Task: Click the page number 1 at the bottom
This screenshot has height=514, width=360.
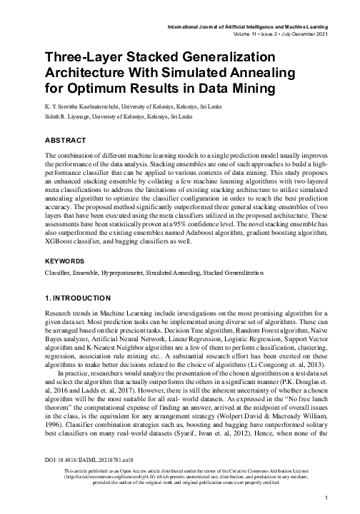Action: click(325, 497)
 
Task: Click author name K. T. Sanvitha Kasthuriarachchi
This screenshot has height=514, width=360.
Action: click(84, 106)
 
